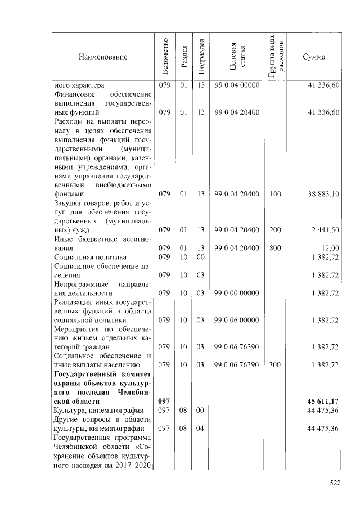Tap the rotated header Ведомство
point(164,57)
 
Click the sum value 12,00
point(330,248)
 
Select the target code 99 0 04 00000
point(237,85)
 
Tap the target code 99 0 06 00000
point(237,320)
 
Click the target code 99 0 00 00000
point(237,293)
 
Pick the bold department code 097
point(164,402)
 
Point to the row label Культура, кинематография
point(94,411)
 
